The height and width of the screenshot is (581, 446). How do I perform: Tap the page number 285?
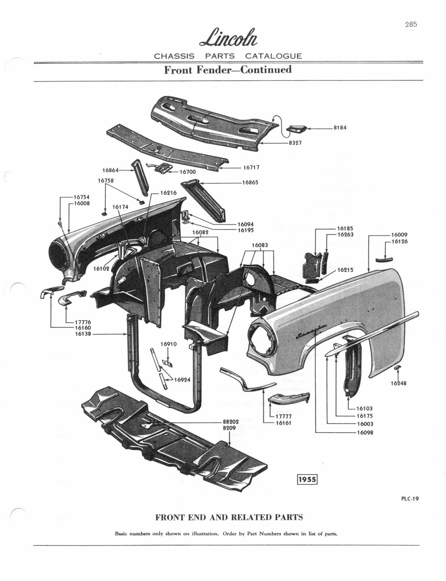(x=410, y=24)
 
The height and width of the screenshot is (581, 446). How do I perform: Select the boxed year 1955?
(x=307, y=479)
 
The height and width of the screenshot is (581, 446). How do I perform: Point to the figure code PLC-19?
(x=409, y=499)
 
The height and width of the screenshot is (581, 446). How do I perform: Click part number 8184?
(x=340, y=128)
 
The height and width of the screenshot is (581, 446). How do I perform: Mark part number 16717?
(x=251, y=167)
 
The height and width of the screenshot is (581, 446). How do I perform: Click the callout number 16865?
(x=250, y=182)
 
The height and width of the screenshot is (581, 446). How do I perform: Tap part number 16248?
(x=398, y=383)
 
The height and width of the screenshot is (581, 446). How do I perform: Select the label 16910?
(x=169, y=343)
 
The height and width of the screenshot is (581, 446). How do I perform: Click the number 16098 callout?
(x=364, y=433)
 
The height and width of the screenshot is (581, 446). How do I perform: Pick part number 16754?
(x=82, y=197)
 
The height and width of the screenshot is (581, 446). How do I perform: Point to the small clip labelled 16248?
(x=398, y=367)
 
